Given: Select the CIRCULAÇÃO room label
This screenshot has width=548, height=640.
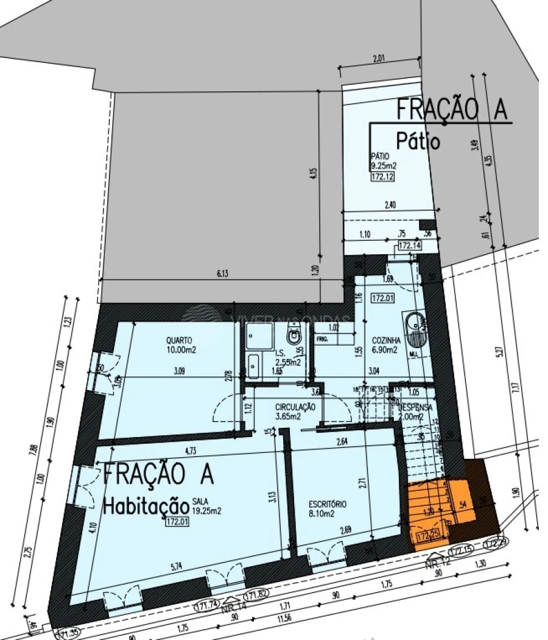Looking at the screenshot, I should [x=295, y=407].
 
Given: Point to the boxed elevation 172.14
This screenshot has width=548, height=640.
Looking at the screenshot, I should [x=410, y=246].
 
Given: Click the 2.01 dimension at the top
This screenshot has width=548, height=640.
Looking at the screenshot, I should [x=380, y=60].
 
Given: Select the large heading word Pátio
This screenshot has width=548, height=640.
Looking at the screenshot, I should [x=418, y=141].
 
